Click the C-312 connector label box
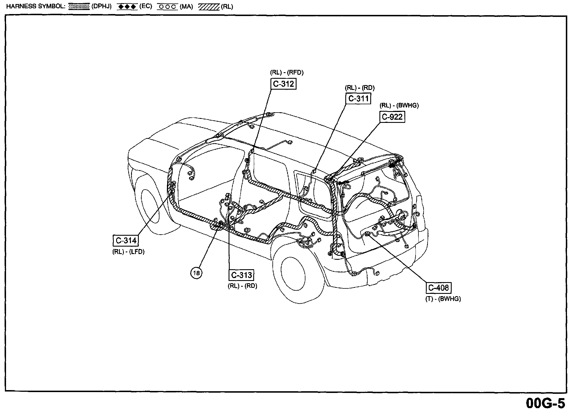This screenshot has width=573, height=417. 283,84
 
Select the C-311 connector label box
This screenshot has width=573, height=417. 358,99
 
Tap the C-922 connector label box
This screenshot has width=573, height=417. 392,117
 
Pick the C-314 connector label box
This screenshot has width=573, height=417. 126,241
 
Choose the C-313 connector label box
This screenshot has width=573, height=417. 241,275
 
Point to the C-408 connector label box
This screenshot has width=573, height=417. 438,288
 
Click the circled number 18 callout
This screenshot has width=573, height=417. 196,273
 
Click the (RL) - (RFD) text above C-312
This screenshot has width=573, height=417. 286,72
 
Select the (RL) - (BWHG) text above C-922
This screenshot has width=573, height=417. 399,105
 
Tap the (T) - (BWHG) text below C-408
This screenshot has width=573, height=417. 443,299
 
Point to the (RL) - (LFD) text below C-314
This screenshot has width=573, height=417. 128,252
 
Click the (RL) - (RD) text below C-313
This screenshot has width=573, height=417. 242,286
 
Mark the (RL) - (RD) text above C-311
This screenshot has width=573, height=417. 360,88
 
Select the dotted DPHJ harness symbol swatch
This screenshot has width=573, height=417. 79,7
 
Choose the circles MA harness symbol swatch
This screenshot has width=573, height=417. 167,7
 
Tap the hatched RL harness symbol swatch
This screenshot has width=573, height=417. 209,7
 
